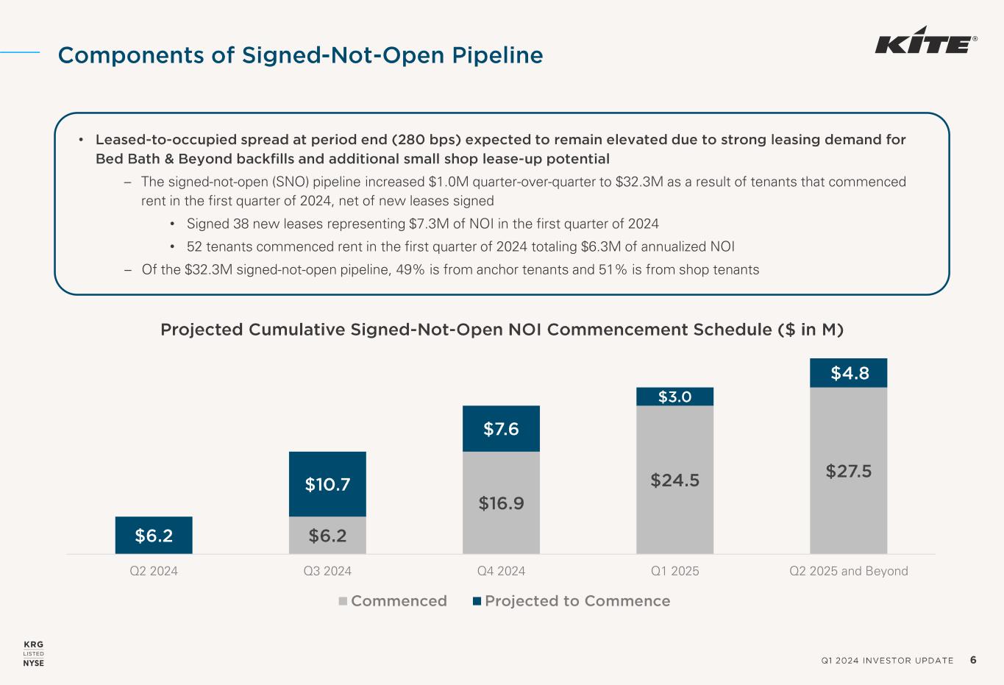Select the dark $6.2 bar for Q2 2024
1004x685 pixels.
154,535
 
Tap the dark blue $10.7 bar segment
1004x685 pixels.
327,483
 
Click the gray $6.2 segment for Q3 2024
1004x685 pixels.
327,535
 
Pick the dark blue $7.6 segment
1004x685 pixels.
501,428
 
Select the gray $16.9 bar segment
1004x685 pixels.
501,503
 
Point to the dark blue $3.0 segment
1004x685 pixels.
674,397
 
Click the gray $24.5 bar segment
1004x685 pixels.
674,480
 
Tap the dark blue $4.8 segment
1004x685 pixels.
848,373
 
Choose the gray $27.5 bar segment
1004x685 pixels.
848,470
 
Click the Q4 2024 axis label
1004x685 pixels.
501,571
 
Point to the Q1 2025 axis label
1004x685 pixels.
674,571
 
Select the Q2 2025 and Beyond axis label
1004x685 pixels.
848,571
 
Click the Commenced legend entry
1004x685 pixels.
393,601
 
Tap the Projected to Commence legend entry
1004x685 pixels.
572,601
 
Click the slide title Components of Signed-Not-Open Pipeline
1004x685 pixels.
300,55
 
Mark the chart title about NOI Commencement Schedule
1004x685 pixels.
502,330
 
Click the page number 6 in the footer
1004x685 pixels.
973,660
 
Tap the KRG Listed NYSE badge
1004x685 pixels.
34,653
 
